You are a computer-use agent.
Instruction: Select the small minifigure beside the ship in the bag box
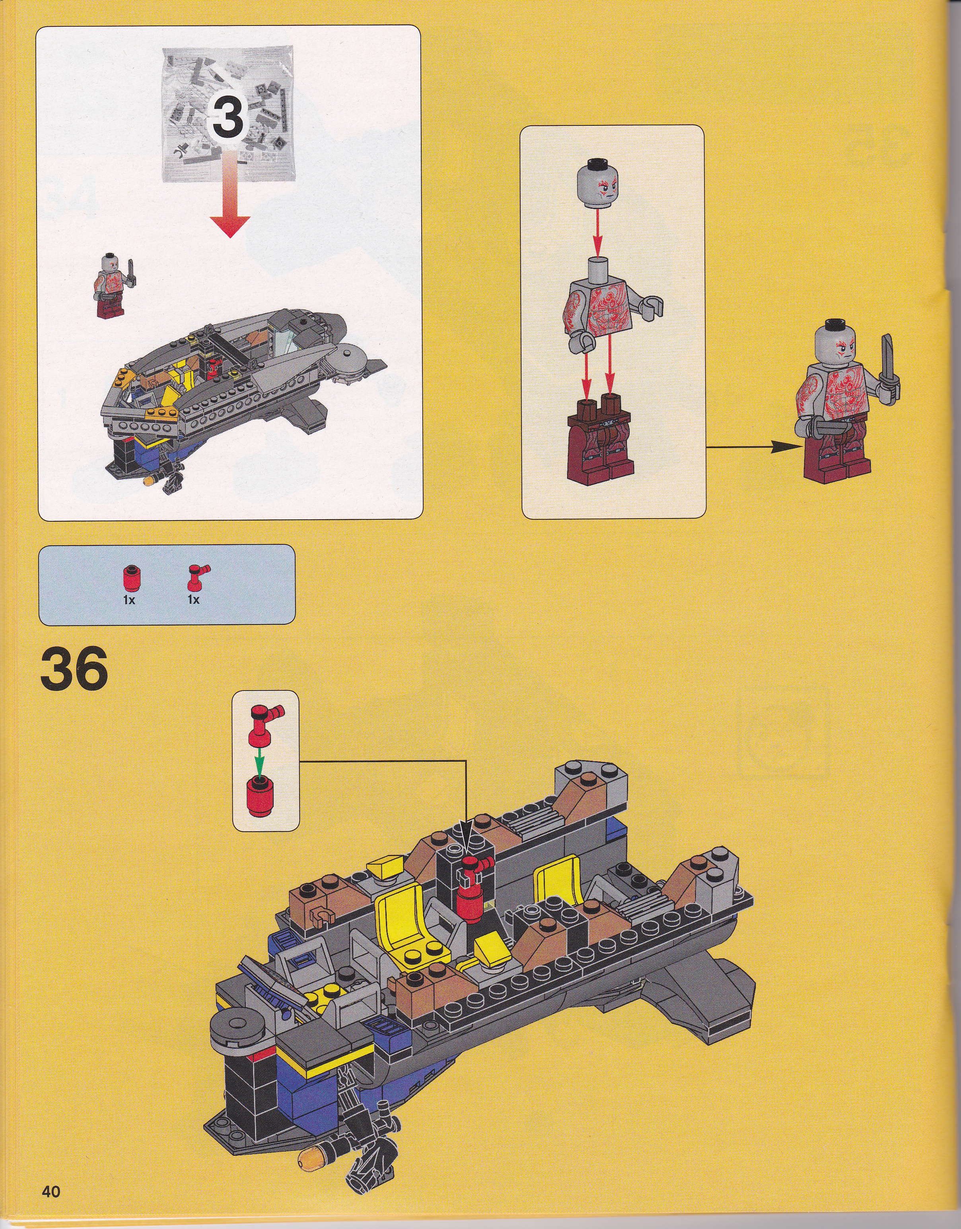tap(114, 285)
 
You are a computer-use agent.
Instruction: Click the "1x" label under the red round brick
tap(129, 600)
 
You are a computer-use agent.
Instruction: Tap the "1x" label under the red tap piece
tap(194, 600)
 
